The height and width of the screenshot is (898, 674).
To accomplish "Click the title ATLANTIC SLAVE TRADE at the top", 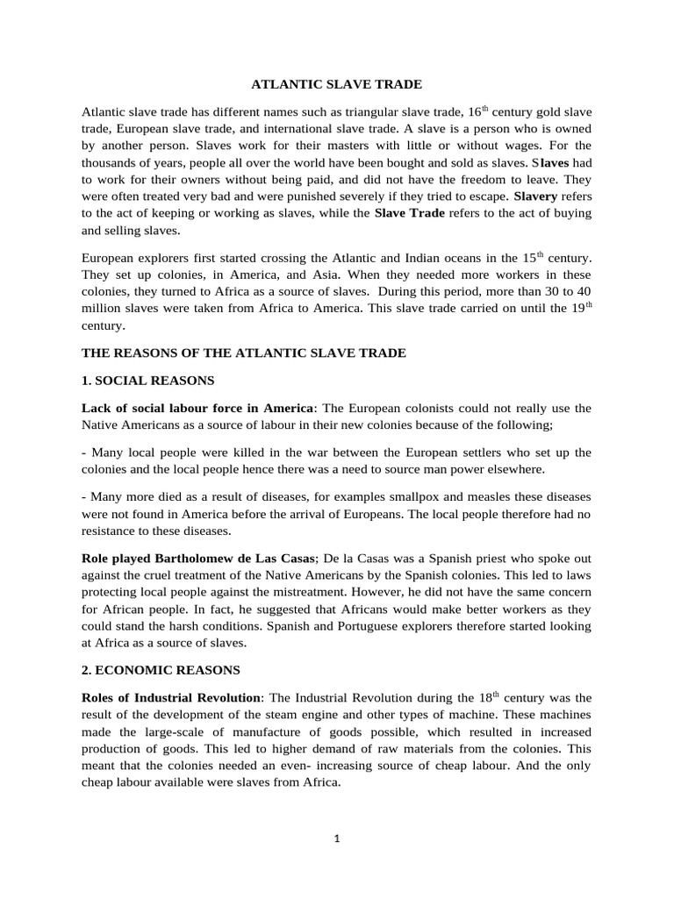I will click(337, 84).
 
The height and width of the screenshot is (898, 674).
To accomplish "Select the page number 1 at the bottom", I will click(337, 837).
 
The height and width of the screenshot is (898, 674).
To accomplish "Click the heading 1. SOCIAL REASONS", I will click(148, 381).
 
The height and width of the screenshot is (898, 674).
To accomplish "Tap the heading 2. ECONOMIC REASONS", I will click(161, 670).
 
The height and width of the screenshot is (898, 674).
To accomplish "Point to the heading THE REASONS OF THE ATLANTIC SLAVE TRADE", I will click(243, 353).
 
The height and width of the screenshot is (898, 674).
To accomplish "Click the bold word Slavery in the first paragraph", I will click(536, 196).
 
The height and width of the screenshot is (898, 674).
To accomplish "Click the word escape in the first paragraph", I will click(482, 196).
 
